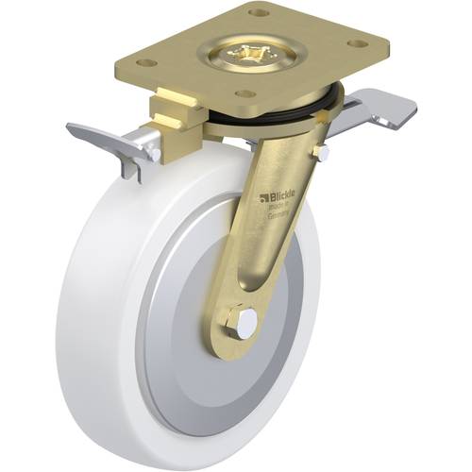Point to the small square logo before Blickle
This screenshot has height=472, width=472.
coord(265,199)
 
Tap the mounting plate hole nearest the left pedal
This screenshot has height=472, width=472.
coord(146,62)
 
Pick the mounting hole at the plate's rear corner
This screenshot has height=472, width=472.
coord(259,13)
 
